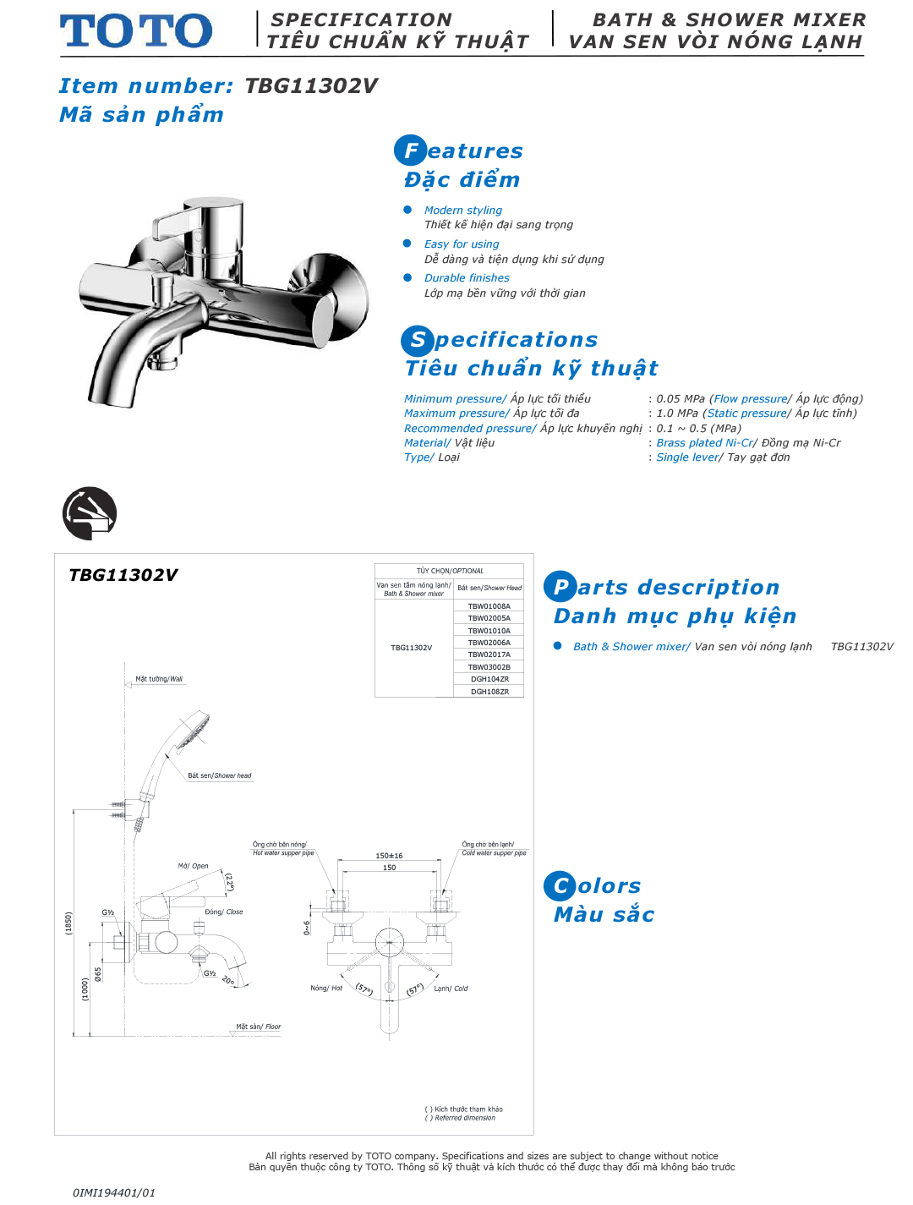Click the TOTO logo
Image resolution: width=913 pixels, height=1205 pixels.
click(x=135, y=31)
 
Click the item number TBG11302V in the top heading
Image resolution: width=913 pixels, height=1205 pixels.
click(x=311, y=85)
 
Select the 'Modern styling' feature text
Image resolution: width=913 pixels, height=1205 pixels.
click(x=462, y=210)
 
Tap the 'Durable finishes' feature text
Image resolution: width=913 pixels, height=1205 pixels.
click(x=467, y=277)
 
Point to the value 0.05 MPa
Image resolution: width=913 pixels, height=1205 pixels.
click(x=680, y=398)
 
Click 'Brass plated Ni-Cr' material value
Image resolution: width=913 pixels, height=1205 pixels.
click(x=704, y=442)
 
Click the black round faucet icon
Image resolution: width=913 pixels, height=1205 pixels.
click(x=90, y=513)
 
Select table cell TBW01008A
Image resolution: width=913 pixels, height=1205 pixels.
click(x=489, y=606)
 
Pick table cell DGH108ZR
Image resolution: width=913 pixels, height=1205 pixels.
click(x=489, y=692)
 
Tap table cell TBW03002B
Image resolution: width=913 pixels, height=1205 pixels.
click(x=489, y=667)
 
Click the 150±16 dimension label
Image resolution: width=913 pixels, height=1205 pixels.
click(x=389, y=856)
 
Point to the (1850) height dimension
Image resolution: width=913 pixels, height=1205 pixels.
click(x=69, y=923)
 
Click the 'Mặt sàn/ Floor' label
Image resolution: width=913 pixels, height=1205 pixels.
click(x=258, y=1027)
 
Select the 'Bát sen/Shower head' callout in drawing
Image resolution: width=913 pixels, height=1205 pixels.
click(x=219, y=775)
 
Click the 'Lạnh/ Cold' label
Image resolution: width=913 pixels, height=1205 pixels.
click(x=451, y=989)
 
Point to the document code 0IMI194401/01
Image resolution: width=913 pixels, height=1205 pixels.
click(x=114, y=1192)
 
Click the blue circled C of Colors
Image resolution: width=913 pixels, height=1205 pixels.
click(x=560, y=886)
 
